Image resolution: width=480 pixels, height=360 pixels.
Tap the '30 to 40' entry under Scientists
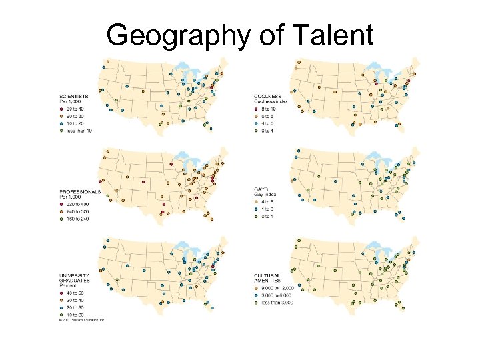pyautogui.click(x=75, y=109)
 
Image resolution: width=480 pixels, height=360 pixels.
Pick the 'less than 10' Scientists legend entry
pyautogui.click(x=79, y=131)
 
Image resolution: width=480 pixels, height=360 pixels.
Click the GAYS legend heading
pyautogui.click(x=261, y=189)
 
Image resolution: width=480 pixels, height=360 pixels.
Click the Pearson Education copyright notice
pyautogui.click(x=81, y=321)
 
